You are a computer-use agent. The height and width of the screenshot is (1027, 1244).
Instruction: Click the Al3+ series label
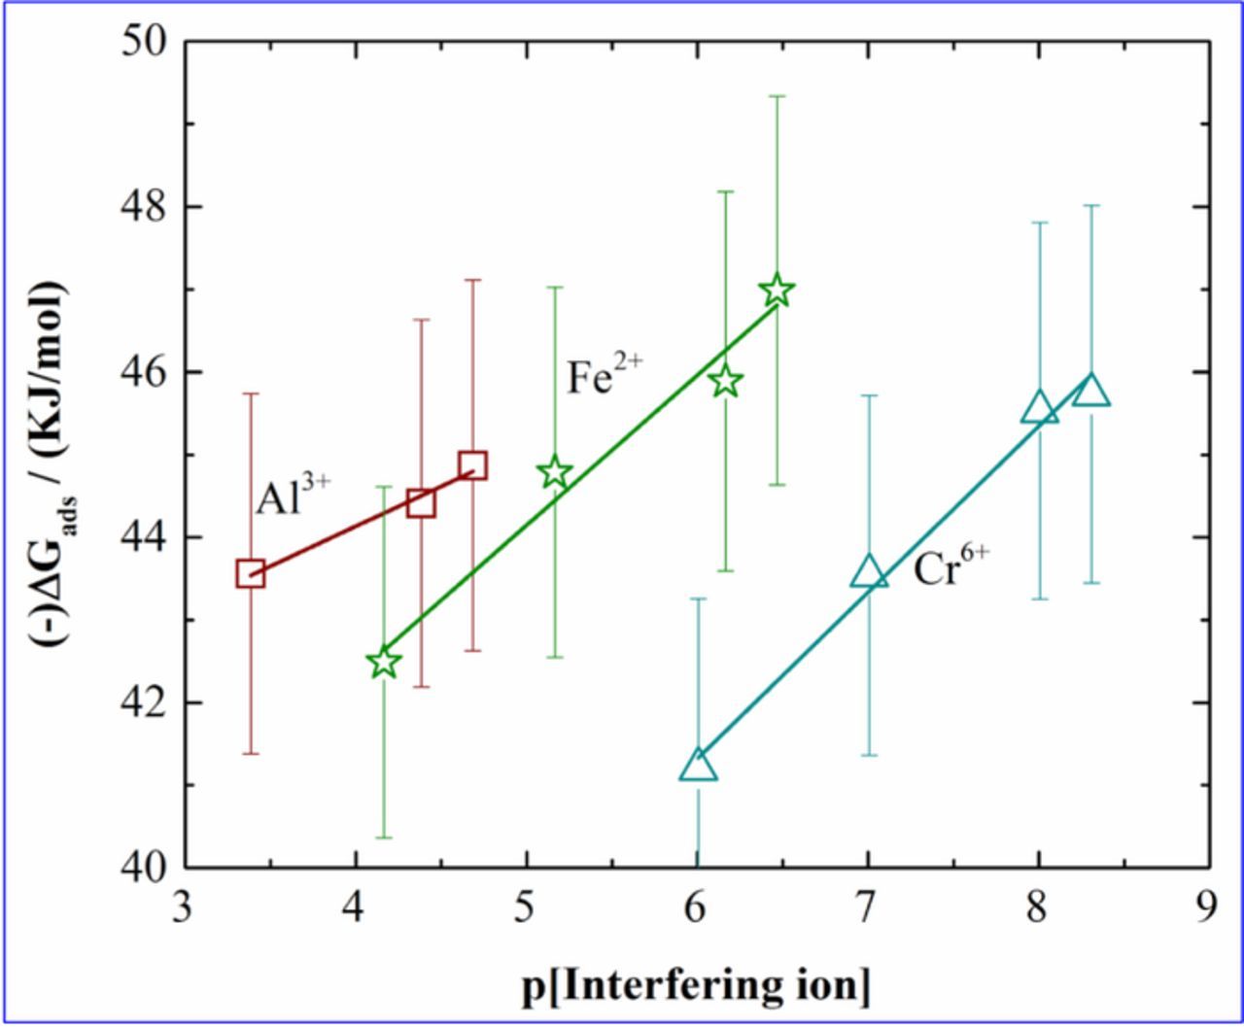[x=294, y=496]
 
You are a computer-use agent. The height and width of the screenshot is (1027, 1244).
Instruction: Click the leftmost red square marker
[x=251, y=573]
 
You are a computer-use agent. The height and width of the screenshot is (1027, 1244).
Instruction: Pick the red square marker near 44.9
[x=473, y=464]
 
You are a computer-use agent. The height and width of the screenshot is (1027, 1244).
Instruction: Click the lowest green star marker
[x=385, y=663]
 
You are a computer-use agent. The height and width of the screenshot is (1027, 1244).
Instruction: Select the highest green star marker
[x=777, y=290]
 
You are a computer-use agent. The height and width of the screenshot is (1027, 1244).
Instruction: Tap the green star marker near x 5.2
[x=555, y=473]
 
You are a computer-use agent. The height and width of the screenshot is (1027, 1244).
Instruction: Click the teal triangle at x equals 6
[x=698, y=767]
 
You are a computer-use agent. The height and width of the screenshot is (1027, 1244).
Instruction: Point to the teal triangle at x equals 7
[x=869, y=573]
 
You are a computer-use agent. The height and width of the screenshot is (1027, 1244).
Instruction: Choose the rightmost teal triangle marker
[x=1091, y=391]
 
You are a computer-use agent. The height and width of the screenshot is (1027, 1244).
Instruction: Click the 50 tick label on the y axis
[x=145, y=43]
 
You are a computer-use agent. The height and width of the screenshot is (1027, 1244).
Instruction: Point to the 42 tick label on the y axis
[x=145, y=702]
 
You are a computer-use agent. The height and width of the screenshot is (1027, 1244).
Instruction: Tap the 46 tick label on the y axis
[x=145, y=373]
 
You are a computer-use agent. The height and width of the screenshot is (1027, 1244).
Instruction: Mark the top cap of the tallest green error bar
[x=777, y=96]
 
